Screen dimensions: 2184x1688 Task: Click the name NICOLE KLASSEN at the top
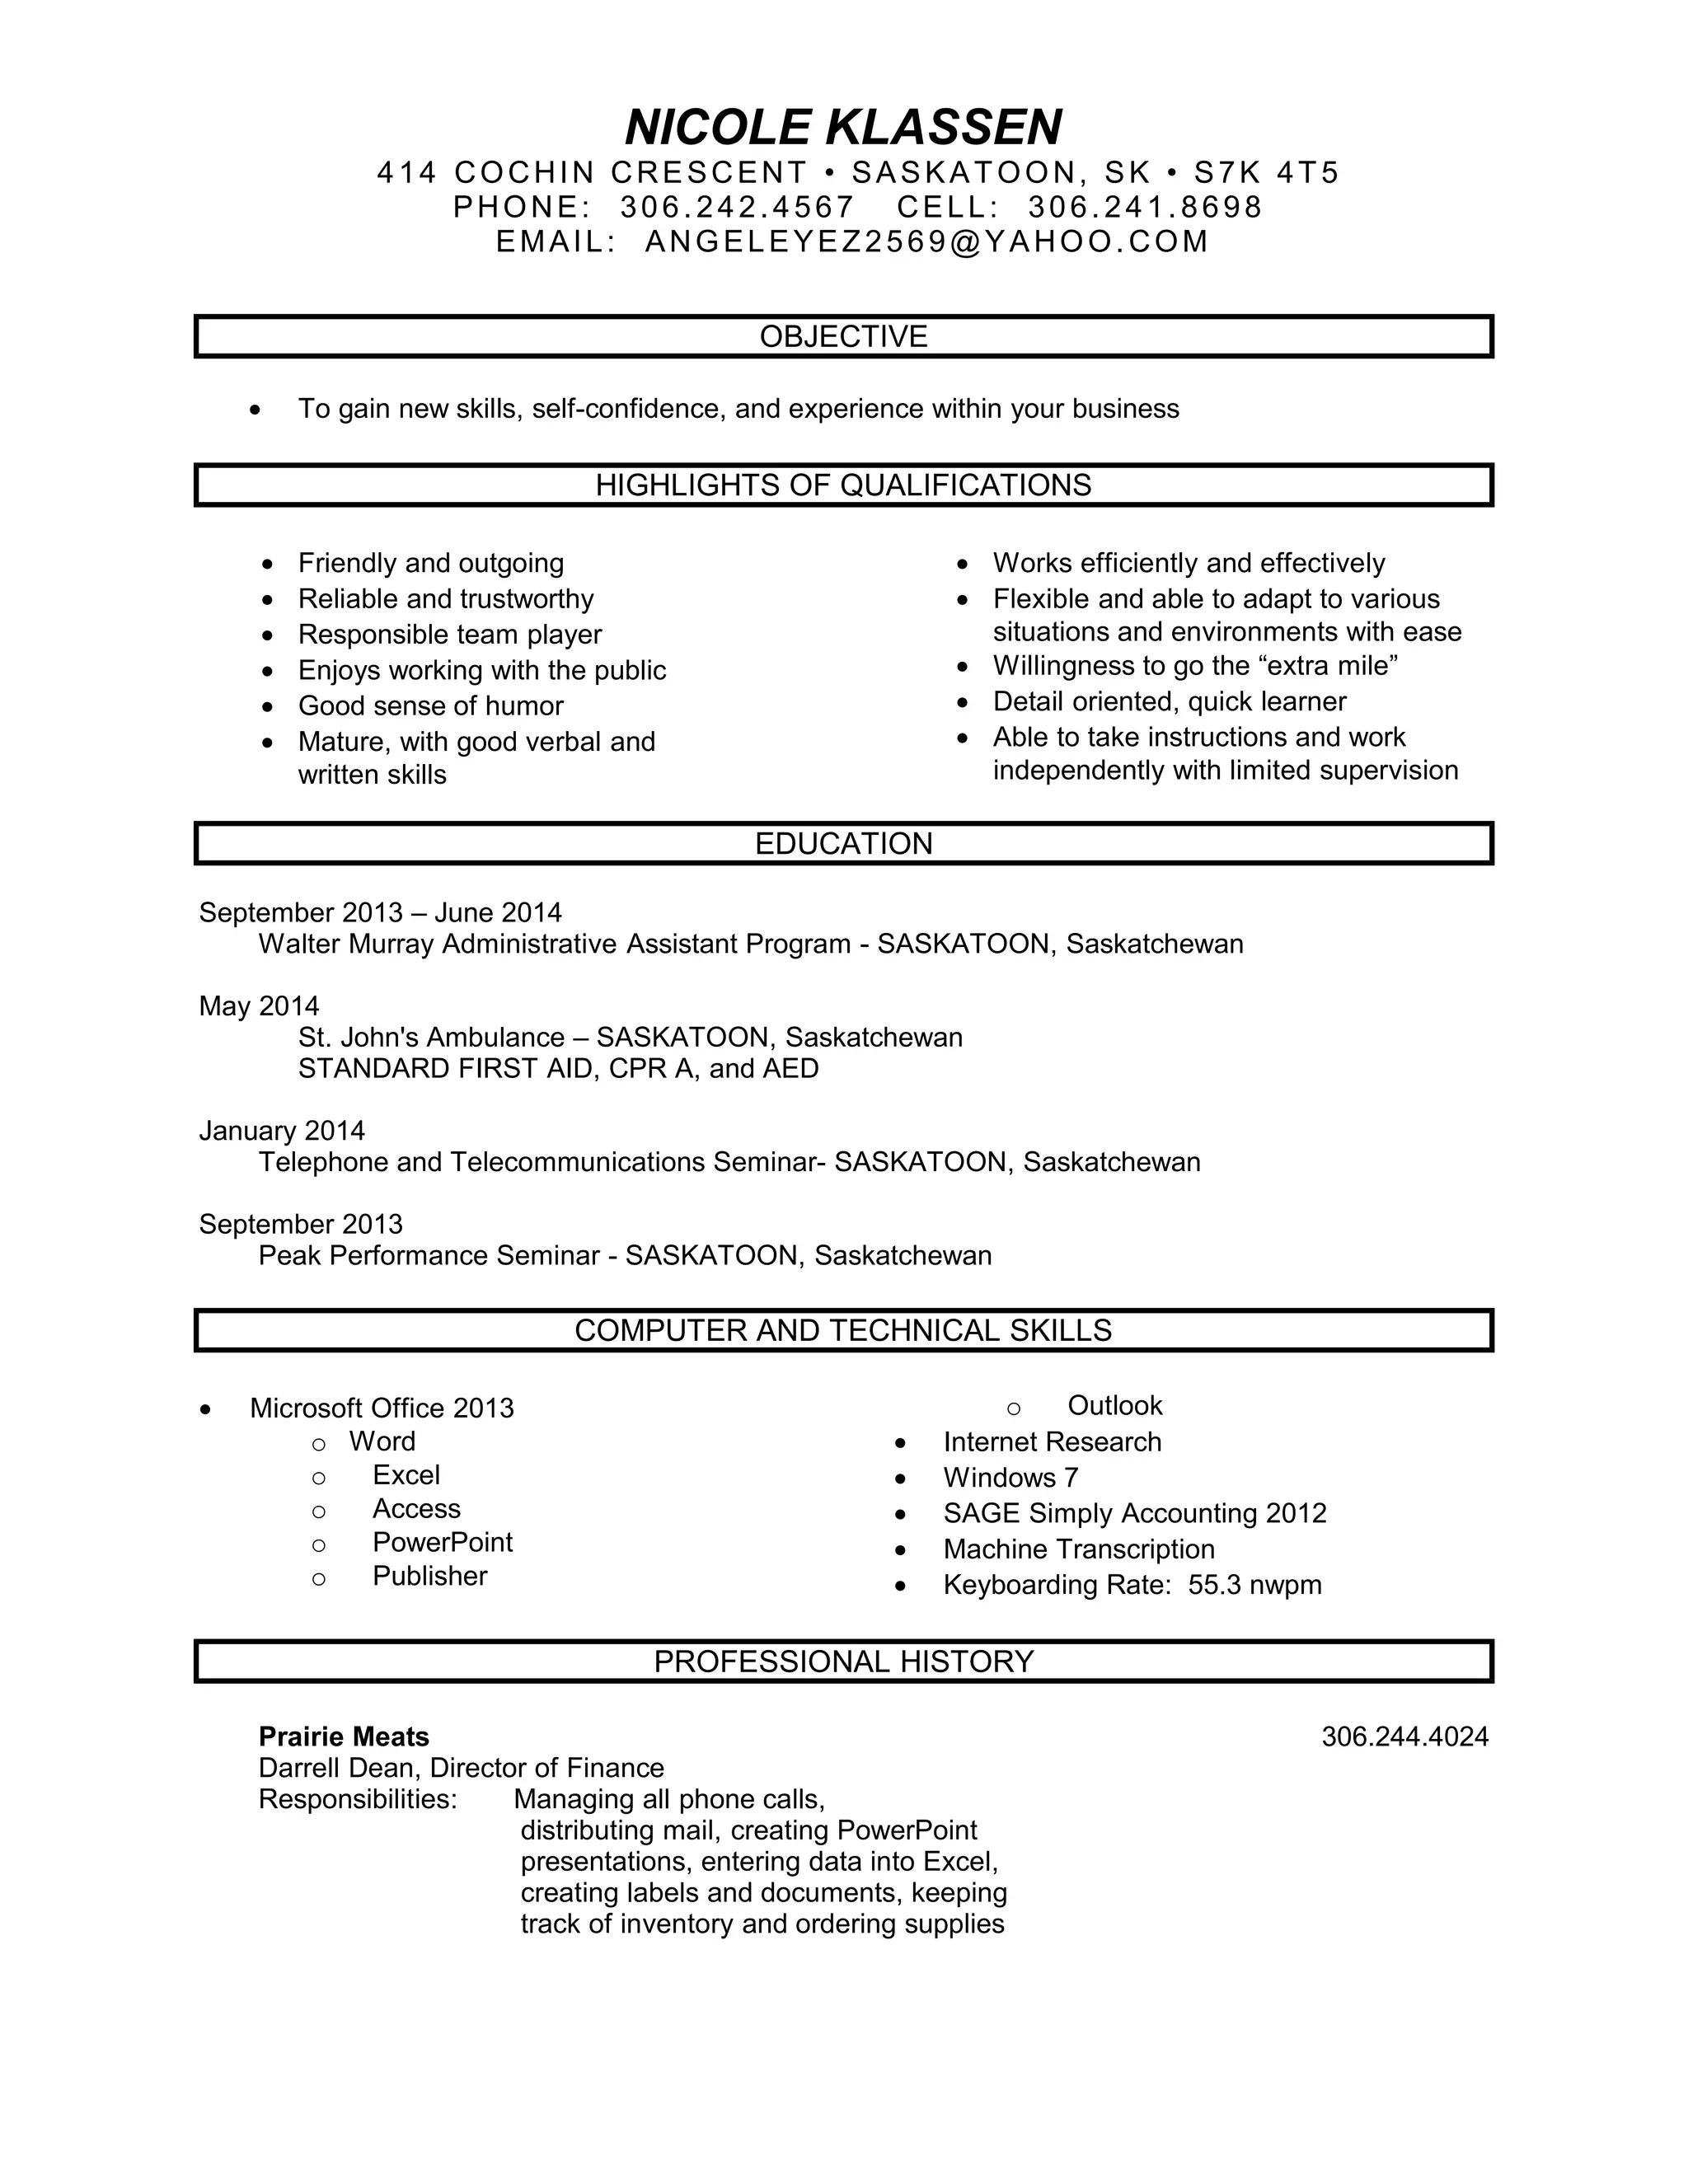pos(843,127)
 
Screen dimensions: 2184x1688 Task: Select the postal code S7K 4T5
pos(1266,173)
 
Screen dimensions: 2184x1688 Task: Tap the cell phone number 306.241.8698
pos(1145,207)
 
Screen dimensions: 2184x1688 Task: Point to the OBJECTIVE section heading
pos(843,336)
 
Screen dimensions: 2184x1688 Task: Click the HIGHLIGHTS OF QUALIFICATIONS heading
pos(843,485)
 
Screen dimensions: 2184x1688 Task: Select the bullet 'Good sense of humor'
pos(430,706)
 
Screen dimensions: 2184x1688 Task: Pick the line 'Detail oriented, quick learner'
pos(1169,701)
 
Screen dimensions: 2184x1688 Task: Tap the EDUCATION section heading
pos(843,844)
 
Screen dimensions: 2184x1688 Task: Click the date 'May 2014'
pos(259,1006)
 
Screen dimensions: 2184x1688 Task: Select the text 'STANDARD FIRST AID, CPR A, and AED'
pos(558,1069)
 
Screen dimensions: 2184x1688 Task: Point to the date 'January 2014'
pos(282,1131)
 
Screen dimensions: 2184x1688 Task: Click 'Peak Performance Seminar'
pos(429,1256)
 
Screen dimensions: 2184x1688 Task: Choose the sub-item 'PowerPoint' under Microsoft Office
pos(442,1542)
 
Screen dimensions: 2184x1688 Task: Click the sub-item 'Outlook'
pos(1114,1406)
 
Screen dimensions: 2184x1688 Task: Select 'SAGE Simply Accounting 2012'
pos(1134,1513)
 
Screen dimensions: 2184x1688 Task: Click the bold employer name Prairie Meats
pos(343,1737)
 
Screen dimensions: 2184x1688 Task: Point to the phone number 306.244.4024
pos(1404,1737)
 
